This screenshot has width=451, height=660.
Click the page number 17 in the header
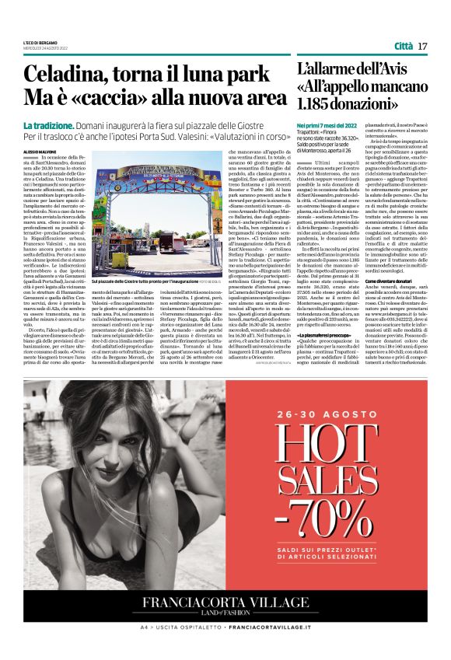pos(422,46)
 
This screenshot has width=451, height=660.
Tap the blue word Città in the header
pos(403,46)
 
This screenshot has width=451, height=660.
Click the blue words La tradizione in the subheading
pos(48,126)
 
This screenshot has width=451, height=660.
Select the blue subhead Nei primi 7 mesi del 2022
pos(327,125)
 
